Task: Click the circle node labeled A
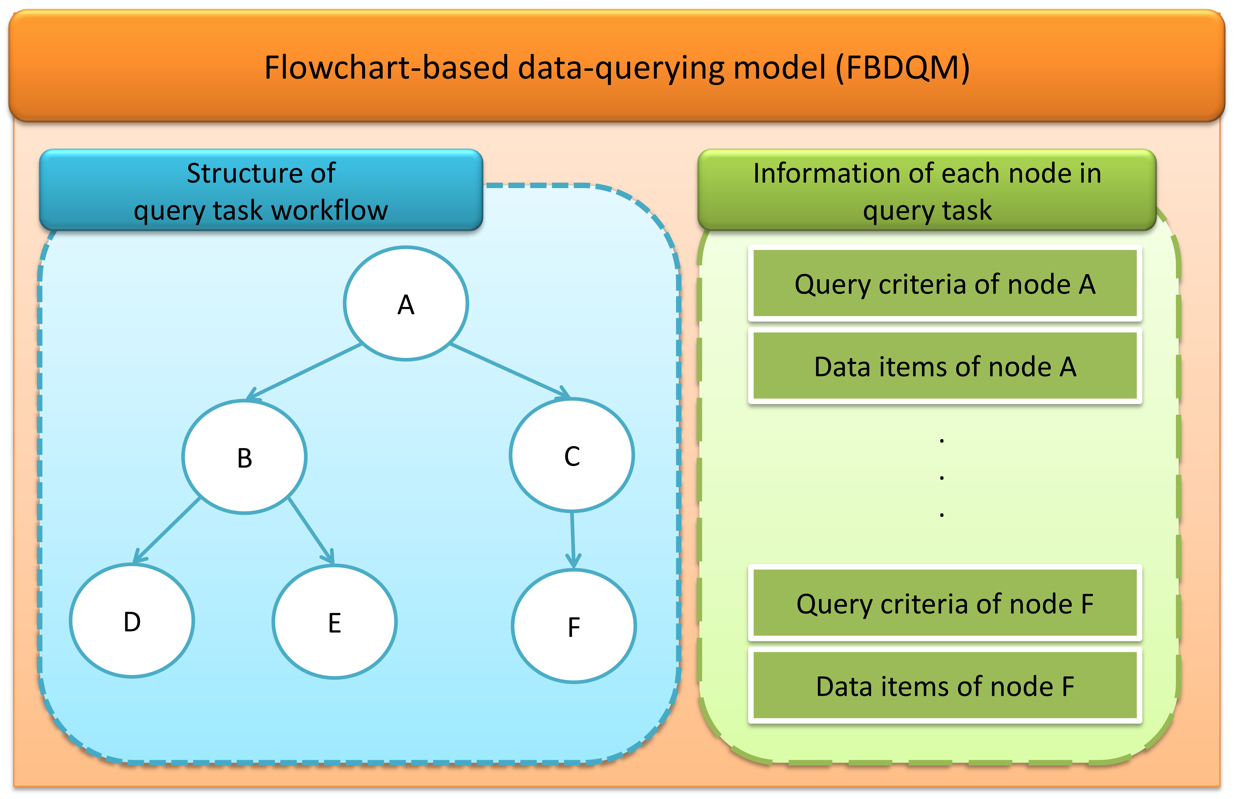coord(406,303)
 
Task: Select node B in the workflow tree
coord(244,457)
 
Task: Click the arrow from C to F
coord(573,540)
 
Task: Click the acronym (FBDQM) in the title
coord(903,67)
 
